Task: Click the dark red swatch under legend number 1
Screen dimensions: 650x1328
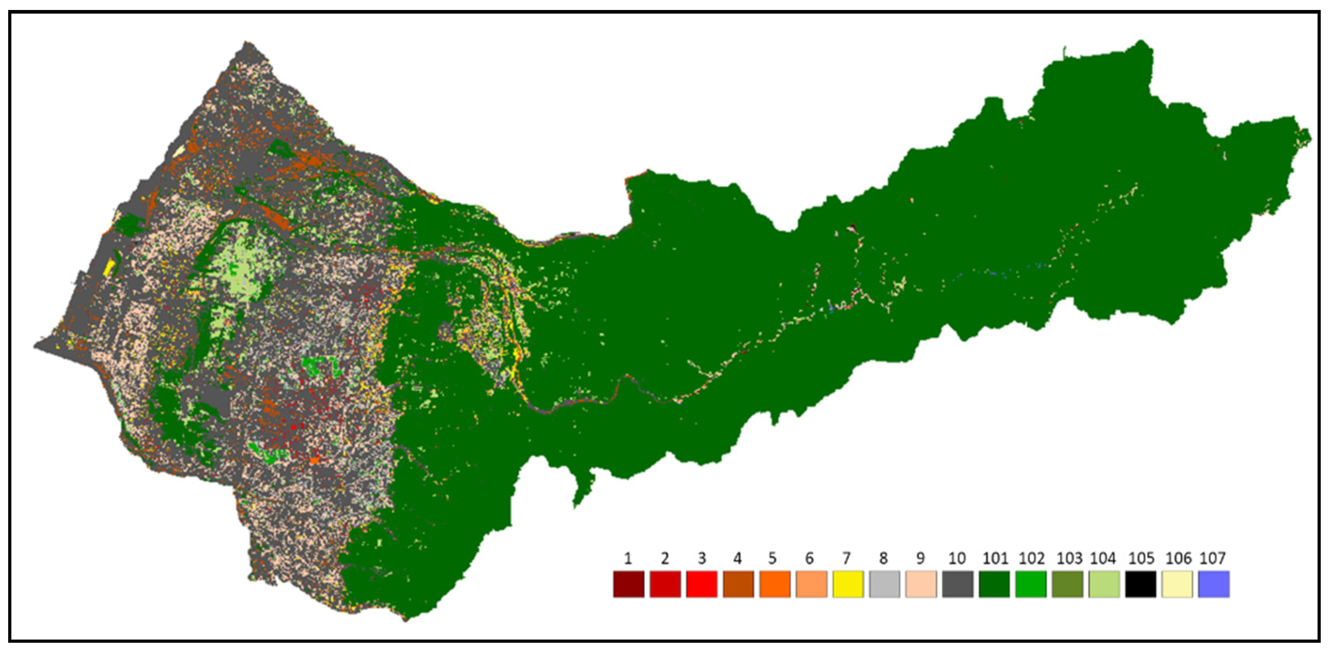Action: click(x=629, y=584)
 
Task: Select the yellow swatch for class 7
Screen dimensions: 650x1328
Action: click(x=848, y=584)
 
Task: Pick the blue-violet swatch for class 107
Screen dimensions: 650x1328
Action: click(x=1214, y=584)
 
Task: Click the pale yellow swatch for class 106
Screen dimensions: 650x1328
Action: click(x=1177, y=584)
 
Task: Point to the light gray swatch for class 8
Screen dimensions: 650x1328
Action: click(x=885, y=584)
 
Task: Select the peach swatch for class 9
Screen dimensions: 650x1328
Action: click(x=921, y=584)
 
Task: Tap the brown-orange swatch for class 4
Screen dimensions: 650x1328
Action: click(x=738, y=584)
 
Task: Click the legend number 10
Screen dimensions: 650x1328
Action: click(x=957, y=558)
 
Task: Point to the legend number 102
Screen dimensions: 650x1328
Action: click(x=1031, y=558)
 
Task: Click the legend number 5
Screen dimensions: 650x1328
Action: click(x=772, y=558)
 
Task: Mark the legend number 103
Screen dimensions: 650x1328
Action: click(x=1069, y=558)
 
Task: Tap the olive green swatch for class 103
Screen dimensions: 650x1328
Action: click(x=1068, y=584)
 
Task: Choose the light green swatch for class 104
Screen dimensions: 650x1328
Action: click(x=1104, y=584)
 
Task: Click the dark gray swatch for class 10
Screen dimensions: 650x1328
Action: click(x=958, y=584)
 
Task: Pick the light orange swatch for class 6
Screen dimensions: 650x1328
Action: click(x=812, y=584)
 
